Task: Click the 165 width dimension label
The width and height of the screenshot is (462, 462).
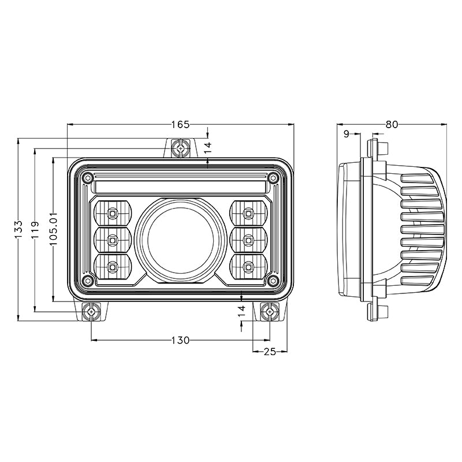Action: click(181, 124)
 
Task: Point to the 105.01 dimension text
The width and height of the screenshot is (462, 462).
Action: click(54, 229)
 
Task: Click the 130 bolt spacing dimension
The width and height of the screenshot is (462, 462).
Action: click(180, 340)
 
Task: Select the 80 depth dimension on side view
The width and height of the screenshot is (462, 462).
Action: click(392, 124)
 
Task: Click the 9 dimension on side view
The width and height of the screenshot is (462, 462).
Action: click(346, 134)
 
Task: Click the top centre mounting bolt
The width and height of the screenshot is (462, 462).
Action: click(181, 148)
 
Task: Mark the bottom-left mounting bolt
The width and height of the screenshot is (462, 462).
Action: click(91, 312)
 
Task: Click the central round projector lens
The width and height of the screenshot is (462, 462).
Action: click(180, 237)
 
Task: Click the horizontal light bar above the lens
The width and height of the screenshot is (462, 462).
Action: click(180, 187)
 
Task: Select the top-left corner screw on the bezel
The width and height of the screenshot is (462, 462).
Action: click(87, 177)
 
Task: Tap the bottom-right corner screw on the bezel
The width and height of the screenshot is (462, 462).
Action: click(273, 281)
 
